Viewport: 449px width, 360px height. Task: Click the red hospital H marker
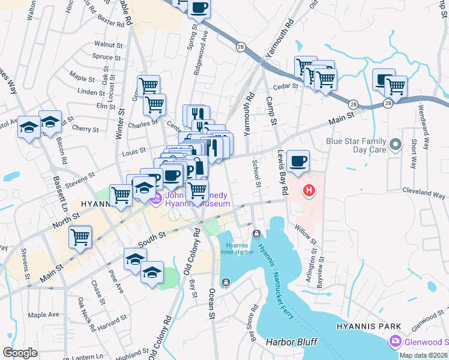coord(309,191)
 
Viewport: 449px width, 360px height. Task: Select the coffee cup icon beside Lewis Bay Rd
coord(298,161)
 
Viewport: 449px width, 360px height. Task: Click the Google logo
coord(20,352)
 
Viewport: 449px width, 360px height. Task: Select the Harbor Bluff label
coord(292,341)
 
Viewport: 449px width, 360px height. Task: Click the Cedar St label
coord(286,86)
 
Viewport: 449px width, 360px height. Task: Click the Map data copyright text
coord(424,355)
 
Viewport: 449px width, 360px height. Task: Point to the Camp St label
coord(271,111)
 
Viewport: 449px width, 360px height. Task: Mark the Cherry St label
coord(85,129)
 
